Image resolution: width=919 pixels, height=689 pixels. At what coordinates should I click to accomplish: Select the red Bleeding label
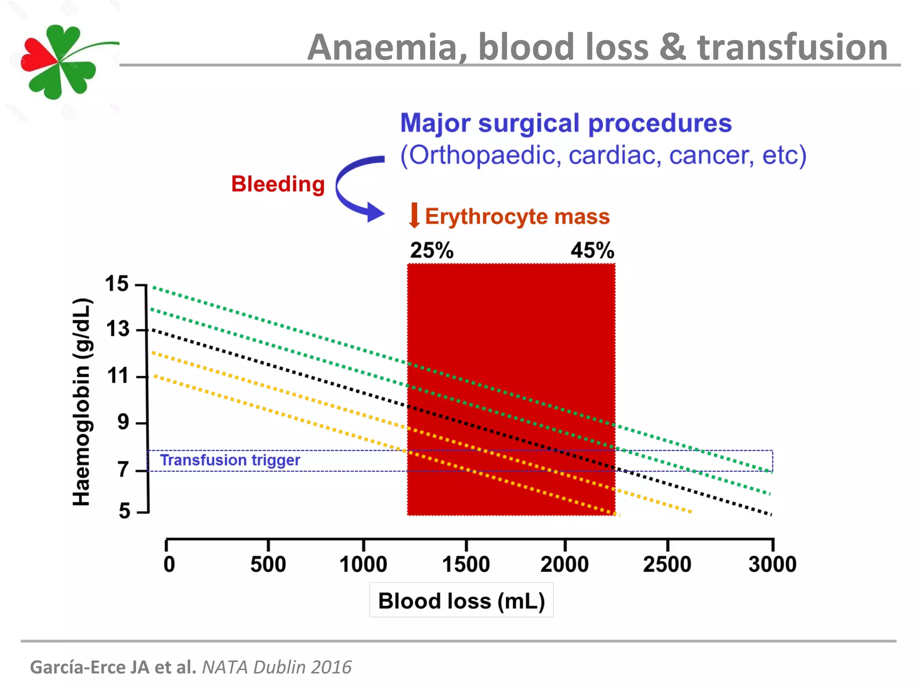point(278,184)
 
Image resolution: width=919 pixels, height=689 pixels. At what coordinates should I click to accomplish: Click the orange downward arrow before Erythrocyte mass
point(414,215)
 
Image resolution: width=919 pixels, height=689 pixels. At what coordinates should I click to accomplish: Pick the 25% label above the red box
point(432,250)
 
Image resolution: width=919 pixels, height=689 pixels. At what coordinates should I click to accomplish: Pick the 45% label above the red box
point(592,250)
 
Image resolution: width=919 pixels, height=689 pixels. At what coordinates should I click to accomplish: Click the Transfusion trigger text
point(230,460)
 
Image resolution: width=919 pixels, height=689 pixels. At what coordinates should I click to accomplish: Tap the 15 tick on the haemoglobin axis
point(117,284)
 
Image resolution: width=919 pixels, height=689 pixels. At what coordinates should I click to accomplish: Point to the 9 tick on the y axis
point(123,422)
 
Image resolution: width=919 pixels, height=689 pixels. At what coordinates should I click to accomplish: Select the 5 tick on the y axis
point(124,511)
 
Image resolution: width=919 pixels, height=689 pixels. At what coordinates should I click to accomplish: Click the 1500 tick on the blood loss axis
point(466,564)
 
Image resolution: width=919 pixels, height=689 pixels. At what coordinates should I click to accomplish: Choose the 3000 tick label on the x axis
point(772,564)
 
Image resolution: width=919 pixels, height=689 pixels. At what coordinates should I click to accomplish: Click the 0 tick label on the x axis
point(169,564)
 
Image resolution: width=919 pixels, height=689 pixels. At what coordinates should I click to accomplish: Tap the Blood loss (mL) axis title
point(461,601)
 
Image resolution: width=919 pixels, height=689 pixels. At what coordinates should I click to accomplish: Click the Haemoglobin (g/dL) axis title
point(82,402)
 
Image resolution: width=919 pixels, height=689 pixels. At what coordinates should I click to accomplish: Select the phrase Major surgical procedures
point(565,123)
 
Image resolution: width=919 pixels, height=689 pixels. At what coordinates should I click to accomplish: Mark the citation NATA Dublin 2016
point(276,667)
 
